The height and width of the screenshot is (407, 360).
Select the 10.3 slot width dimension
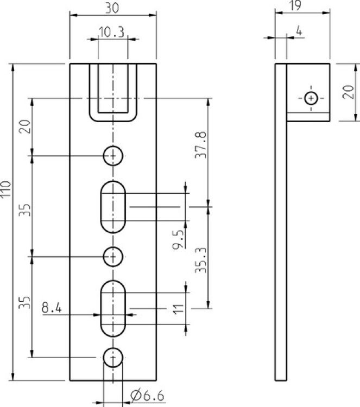pos(112,33)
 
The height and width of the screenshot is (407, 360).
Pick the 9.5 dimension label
pos(177,239)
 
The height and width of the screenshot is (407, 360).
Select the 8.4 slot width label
pos(52,308)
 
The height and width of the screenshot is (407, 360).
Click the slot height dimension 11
pos(176,309)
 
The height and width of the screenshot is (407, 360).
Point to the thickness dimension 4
pos(298,31)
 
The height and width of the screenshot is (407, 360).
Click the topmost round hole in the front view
pos(113,156)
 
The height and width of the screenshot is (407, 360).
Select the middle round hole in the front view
pos(113,256)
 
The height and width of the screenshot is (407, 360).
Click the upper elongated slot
pos(113,207)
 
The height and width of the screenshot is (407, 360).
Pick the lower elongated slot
pos(113,308)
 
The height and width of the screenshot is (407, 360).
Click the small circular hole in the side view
pos(311,98)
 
